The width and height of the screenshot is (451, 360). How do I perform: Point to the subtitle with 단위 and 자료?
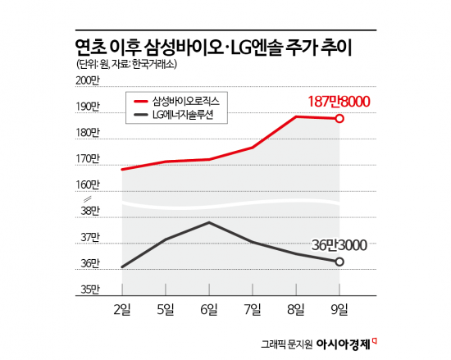(122, 65)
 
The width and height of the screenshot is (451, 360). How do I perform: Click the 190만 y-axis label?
(86, 107)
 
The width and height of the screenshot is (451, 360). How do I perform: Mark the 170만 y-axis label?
(86, 159)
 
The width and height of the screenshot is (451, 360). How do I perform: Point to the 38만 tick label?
(89, 212)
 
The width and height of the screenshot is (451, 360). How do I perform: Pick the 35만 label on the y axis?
(89, 289)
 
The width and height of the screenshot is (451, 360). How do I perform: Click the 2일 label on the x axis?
(121, 309)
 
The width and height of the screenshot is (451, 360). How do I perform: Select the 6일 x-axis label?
(209, 309)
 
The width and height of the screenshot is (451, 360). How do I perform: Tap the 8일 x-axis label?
(296, 309)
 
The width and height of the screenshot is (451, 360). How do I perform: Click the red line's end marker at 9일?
(339, 119)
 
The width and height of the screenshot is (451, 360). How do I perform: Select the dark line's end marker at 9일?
(339, 262)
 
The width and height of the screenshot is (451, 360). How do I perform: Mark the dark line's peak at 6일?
(209, 222)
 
